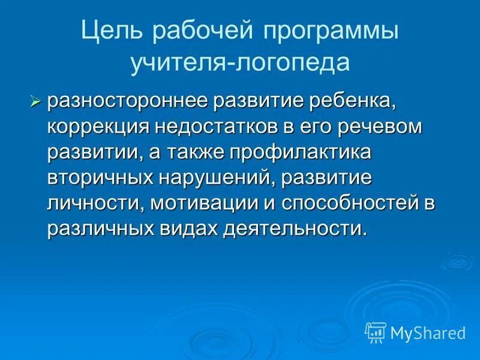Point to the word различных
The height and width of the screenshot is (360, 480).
click(104, 230)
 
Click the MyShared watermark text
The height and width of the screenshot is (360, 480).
click(427, 332)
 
